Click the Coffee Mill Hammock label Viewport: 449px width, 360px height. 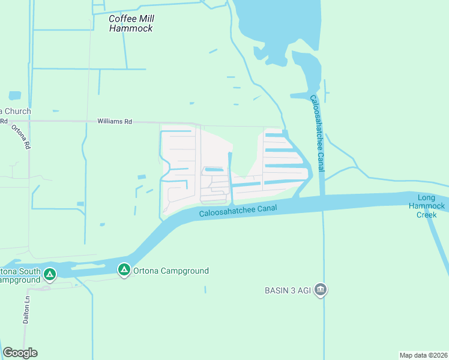coord(131,23)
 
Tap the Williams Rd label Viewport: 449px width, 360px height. coord(115,121)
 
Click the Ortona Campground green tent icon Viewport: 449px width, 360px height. coord(124,271)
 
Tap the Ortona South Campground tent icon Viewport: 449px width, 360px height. coord(50,275)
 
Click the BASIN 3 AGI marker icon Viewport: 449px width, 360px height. coord(321,290)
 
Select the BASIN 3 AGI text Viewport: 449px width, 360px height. coord(289,290)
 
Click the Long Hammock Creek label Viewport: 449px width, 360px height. coord(432,206)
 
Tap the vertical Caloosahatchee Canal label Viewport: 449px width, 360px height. coord(317,133)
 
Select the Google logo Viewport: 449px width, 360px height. coord(20,353)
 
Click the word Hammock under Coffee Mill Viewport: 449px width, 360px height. coord(131,28)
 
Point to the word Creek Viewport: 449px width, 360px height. coord(427,214)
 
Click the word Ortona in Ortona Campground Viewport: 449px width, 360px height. coord(146,271)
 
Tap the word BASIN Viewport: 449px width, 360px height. coord(278,290)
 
